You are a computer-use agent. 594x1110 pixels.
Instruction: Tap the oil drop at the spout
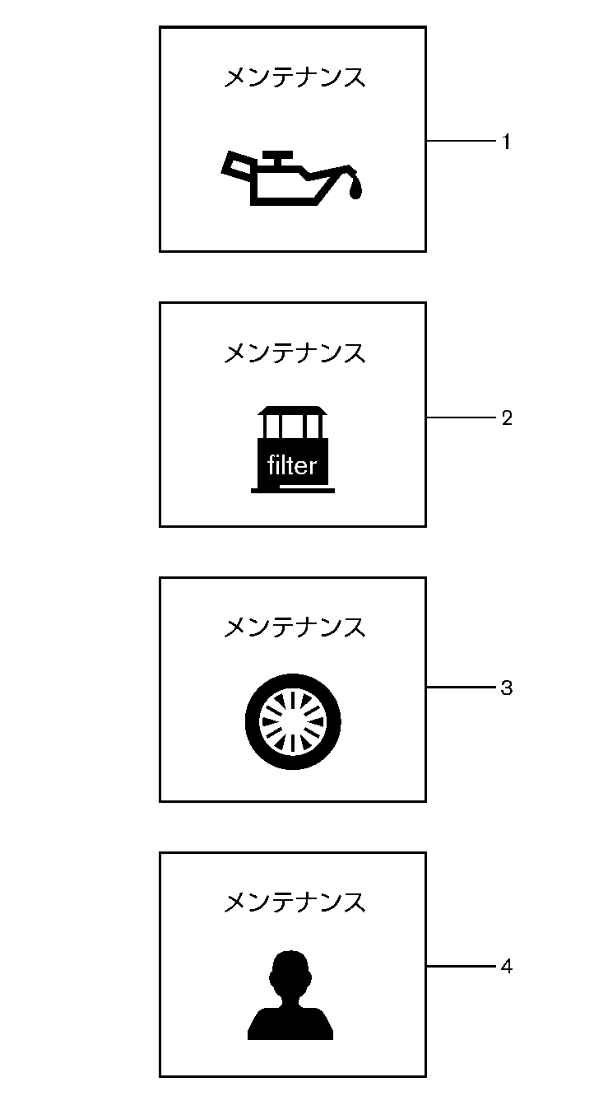[x=355, y=189]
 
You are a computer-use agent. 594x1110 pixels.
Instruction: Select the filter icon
[x=293, y=449]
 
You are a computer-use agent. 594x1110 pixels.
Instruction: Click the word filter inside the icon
[x=292, y=466]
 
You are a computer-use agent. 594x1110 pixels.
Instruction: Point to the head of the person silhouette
[x=290, y=972]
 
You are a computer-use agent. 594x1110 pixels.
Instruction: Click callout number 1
[x=507, y=142]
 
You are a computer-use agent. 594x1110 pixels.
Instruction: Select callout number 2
[x=507, y=418]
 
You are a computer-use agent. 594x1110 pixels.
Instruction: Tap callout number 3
[x=507, y=688]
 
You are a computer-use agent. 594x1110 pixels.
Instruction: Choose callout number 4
[x=507, y=967]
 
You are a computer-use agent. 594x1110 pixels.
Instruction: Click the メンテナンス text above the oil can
[x=295, y=78]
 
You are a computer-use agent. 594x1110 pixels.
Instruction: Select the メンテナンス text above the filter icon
[x=295, y=353]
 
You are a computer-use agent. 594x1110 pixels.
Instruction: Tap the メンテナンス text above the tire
[x=295, y=627]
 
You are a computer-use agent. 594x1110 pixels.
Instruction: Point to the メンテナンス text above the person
[x=295, y=902]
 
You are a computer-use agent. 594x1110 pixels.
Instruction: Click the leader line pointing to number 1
[x=461, y=142]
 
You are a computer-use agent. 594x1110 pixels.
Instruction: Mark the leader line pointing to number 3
[x=461, y=687]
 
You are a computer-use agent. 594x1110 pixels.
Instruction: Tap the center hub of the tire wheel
[x=293, y=723]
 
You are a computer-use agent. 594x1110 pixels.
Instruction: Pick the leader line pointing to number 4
[x=461, y=966]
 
